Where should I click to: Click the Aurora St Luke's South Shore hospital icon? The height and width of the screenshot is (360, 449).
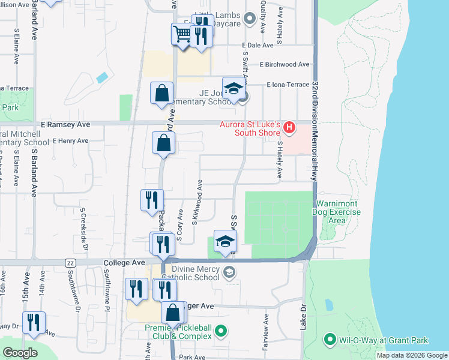click(x=290, y=127)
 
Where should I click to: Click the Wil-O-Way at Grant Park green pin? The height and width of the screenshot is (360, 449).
click(x=329, y=340)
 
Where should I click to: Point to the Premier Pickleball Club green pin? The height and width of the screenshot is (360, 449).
click(x=221, y=331)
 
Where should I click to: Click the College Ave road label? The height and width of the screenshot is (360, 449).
click(x=125, y=263)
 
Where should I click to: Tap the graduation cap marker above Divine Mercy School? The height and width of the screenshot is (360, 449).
click(x=226, y=241)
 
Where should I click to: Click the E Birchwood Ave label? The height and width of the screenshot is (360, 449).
click(x=285, y=65)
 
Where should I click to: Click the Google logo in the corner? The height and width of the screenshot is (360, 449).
click(x=20, y=353)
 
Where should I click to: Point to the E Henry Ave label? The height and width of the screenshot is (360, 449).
click(x=70, y=142)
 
